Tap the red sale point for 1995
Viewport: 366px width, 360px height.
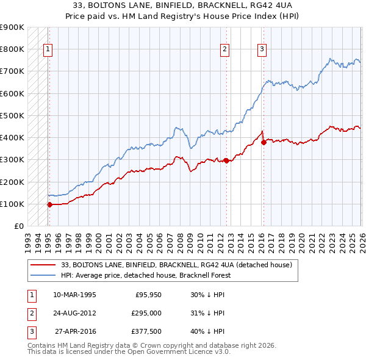point(49,204)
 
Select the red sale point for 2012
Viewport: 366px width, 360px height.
point(226,160)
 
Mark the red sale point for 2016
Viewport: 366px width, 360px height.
point(264,142)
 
